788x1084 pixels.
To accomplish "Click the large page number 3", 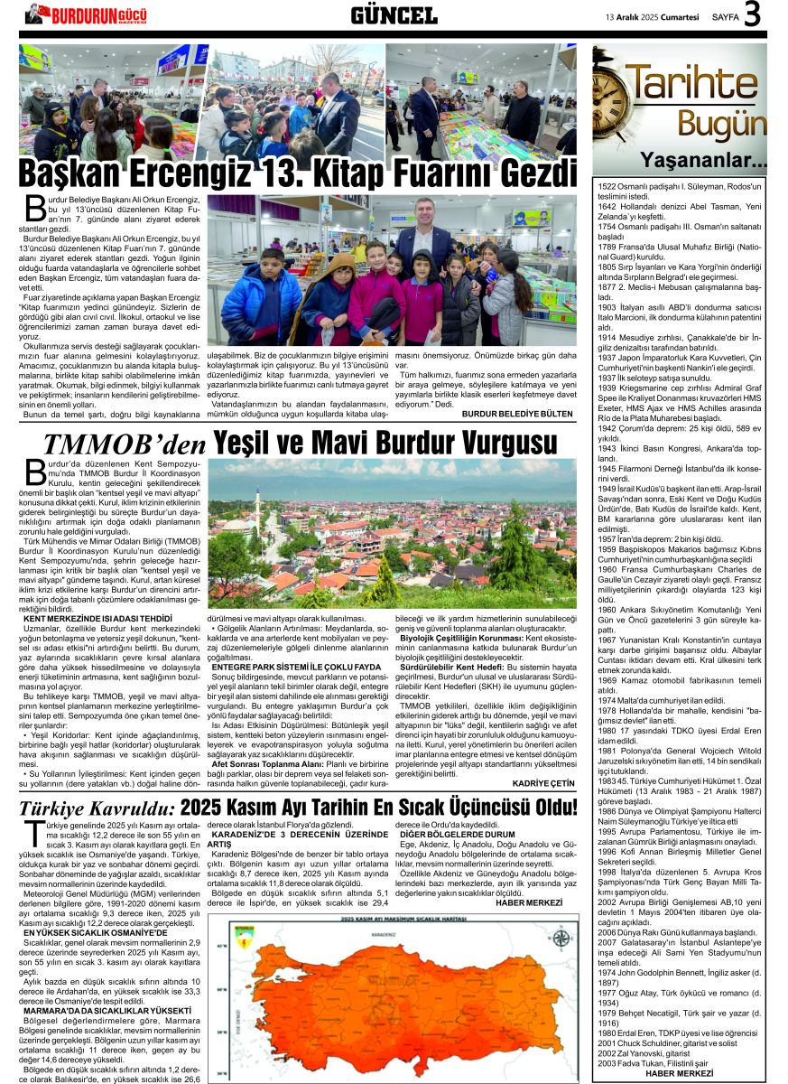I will point(752,14).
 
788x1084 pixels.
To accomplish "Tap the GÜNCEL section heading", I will point(394,14).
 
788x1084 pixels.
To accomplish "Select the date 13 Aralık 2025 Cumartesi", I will point(653,15).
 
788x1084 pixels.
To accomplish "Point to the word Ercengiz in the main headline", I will point(209,173).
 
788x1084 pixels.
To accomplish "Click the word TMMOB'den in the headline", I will point(125,443).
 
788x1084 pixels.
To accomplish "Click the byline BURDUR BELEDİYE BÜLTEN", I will point(516,413).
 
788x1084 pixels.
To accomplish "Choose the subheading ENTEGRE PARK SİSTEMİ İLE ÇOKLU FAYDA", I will point(290,668).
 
